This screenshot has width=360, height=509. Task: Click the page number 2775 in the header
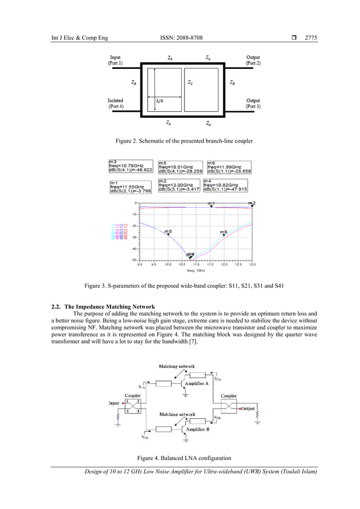point(311,38)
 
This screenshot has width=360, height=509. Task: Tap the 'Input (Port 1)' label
point(116,60)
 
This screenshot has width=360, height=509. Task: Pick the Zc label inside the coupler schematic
point(190,82)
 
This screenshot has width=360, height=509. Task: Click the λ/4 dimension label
point(160,100)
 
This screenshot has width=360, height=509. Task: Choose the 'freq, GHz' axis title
point(196,270)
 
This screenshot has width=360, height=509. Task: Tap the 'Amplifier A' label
point(198,383)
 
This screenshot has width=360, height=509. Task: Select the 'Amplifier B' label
point(199,429)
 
